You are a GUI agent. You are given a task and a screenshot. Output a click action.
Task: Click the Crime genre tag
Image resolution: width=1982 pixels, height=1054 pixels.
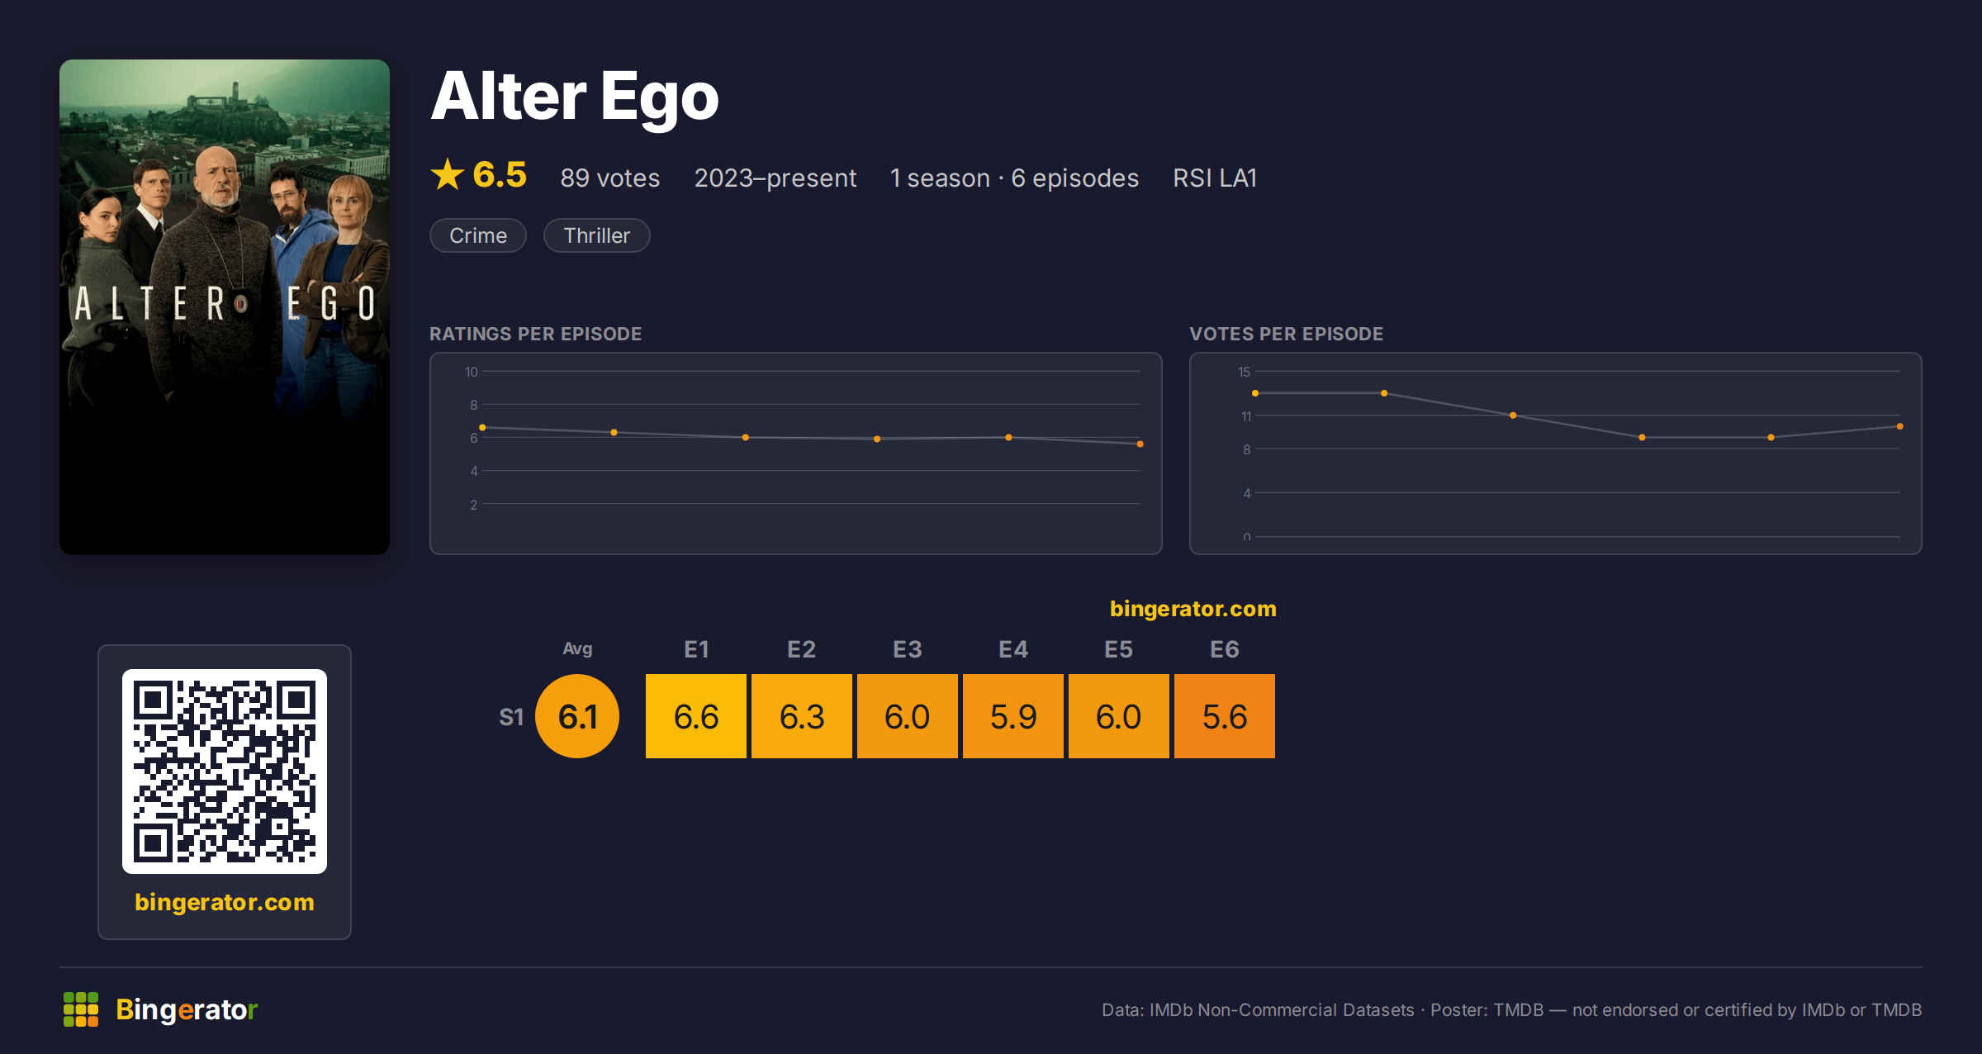point(478,235)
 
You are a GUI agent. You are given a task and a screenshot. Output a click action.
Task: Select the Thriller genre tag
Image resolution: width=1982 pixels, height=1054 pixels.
point(596,235)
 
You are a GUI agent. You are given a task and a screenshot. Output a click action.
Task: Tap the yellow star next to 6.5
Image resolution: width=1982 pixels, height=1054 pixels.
point(448,174)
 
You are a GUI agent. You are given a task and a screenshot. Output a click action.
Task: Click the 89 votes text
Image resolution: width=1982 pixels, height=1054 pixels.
point(610,178)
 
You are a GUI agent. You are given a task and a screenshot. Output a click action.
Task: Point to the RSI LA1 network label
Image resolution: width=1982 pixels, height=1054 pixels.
point(1215,178)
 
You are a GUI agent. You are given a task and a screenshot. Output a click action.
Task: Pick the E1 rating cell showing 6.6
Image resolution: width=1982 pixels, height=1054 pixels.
point(696,716)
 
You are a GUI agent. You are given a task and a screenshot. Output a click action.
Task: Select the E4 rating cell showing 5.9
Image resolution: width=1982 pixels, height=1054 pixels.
point(1013,716)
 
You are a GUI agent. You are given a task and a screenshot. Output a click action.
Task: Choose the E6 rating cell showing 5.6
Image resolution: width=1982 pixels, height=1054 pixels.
point(1225,716)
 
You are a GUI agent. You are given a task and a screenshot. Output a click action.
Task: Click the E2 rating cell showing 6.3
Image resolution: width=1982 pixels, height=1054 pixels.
point(802,716)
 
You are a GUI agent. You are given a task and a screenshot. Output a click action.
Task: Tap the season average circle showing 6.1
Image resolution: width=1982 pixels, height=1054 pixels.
point(577,716)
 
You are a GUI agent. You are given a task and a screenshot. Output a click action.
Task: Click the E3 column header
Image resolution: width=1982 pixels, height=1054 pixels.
point(908,649)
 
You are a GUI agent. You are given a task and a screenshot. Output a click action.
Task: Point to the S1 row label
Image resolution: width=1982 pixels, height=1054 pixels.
point(511,717)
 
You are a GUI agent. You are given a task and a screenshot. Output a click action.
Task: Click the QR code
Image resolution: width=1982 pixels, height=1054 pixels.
point(225,772)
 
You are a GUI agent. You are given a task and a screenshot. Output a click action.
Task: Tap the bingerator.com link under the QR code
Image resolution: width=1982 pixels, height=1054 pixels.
point(225,902)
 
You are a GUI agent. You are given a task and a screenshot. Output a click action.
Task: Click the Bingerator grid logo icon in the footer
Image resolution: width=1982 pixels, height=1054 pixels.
point(81,1009)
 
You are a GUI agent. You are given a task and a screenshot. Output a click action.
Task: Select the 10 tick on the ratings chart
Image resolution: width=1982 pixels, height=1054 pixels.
point(472,372)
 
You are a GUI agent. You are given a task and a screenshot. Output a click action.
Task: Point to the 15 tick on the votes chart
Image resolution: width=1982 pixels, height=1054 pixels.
point(1244,372)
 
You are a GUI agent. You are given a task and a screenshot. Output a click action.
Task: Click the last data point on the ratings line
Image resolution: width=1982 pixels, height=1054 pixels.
point(1140,444)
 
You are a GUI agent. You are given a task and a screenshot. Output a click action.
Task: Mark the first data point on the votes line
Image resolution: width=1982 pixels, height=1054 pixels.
point(1255,393)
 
